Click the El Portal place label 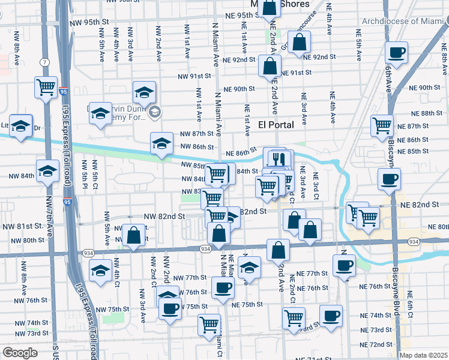pyautogui.click(x=276, y=125)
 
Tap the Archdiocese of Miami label pyautogui.click(x=405, y=21)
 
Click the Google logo pyautogui.click(x=20, y=353)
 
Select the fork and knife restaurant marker pyautogui.click(x=278, y=160)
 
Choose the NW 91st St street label pyautogui.click(x=194, y=76)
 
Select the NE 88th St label pyautogui.click(x=426, y=113)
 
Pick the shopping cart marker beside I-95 pyautogui.click(x=46, y=88)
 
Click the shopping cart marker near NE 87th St pyautogui.click(x=382, y=126)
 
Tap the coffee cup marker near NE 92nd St pyautogui.click(x=396, y=53)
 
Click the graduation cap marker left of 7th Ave pyautogui.click(x=20, y=126)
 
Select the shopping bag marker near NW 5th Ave pyautogui.click(x=134, y=235)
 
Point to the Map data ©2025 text pyautogui.click(x=423, y=355)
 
